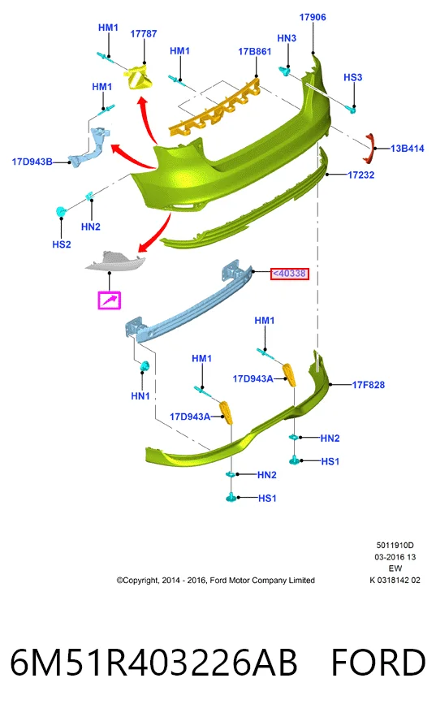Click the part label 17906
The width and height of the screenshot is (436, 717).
[313, 17]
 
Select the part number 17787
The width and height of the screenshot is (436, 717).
[144, 34]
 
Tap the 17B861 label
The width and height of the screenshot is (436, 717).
[255, 52]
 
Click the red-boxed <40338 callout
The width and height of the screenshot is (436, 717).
[290, 274]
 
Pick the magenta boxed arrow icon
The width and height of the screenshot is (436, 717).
[110, 300]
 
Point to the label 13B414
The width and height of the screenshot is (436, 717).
[408, 149]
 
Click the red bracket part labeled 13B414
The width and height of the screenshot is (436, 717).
[369, 149]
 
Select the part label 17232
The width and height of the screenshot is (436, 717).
[361, 175]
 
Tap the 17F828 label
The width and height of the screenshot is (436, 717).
[369, 385]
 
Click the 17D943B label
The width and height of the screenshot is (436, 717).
[32, 162]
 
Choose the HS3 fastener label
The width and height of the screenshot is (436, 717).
[353, 77]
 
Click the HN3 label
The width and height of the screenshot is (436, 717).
[287, 38]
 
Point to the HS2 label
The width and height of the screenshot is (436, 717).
[62, 244]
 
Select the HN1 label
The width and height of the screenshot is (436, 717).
[140, 396]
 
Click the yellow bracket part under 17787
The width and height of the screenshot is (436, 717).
[139, 77]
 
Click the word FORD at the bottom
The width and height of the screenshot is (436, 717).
[378, 663]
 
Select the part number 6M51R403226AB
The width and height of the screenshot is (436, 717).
[153, 663]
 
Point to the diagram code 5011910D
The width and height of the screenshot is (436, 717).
[395, 545]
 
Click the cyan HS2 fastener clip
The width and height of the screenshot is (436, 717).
[61, 212]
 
